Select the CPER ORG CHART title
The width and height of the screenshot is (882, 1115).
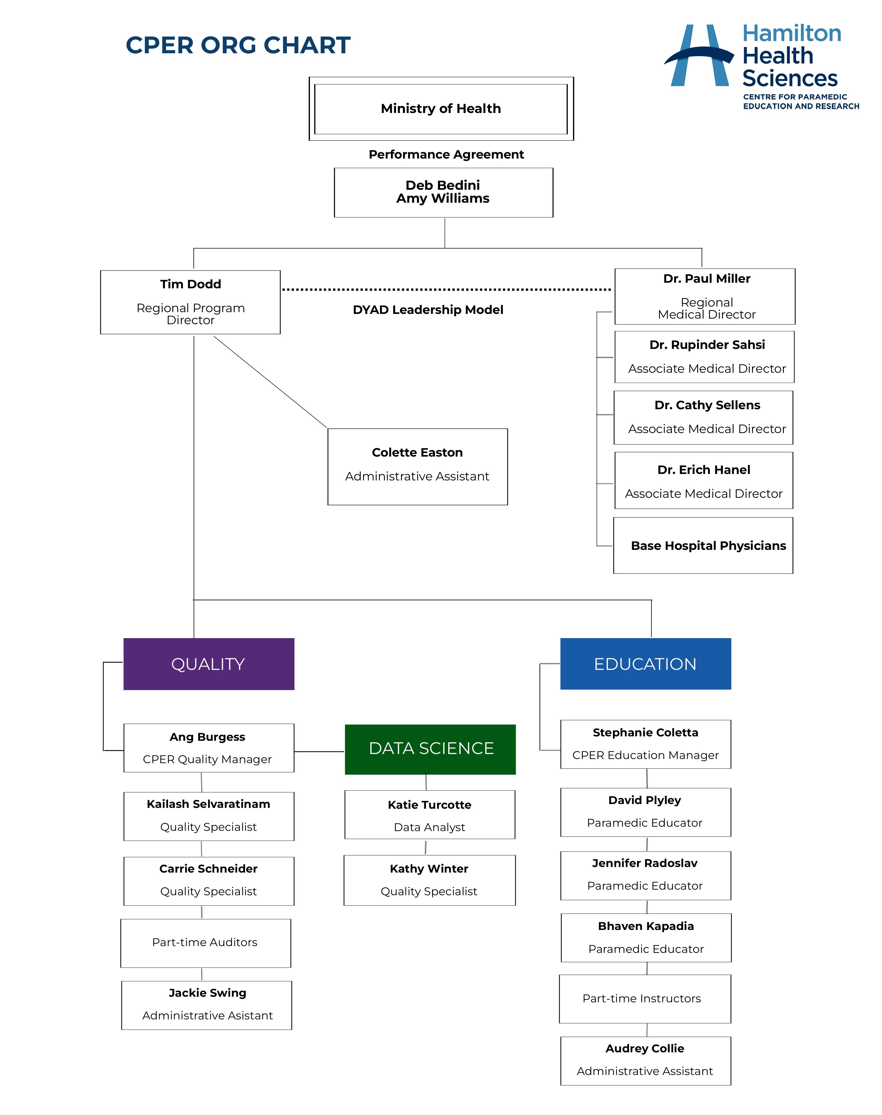238,45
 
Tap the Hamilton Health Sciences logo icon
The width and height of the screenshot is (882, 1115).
699,55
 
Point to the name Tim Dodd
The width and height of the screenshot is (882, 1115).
191,284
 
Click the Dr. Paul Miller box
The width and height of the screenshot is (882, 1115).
705,297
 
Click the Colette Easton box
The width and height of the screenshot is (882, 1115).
418,467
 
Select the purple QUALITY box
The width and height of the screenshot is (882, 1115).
209,664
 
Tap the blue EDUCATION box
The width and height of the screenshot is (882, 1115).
646,664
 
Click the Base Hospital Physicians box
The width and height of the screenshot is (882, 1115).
703,546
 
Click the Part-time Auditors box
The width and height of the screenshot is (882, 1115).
206,943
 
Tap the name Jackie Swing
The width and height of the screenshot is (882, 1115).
208,993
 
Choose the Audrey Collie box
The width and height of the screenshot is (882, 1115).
646,1061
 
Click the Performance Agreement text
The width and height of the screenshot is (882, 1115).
446,154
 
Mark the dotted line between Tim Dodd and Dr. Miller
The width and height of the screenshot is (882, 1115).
447,289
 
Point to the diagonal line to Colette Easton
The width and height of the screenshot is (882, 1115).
270,382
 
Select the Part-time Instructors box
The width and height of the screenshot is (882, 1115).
645,999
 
